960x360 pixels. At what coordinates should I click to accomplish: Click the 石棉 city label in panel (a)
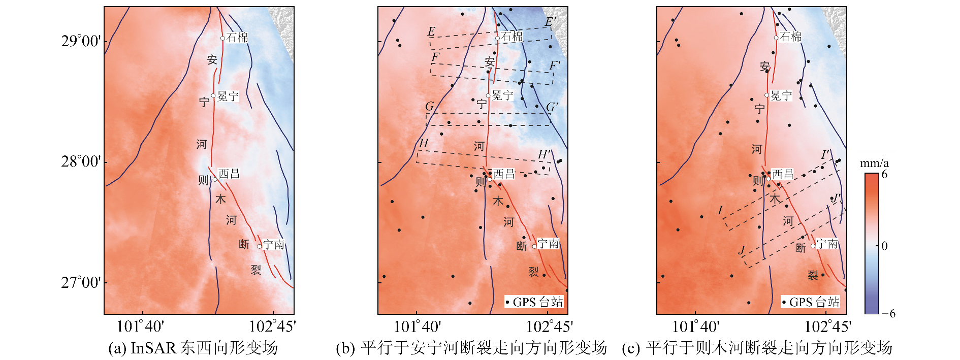click(237, 37)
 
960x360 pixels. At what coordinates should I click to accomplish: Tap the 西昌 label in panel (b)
click(504, 174)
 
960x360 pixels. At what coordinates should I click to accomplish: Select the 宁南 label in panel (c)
click(827, 244)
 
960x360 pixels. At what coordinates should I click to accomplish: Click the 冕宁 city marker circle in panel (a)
click(214, 95)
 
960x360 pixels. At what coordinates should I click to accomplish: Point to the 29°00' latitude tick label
click(81, 41)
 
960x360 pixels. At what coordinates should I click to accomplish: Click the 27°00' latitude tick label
click(81, 282)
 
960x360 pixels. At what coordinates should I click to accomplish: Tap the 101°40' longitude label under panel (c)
click(695, 326)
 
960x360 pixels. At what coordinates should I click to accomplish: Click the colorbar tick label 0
click(884, 246)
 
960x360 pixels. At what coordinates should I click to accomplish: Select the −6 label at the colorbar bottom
click(888, 313)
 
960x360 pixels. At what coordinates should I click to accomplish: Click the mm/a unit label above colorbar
click(874, 163)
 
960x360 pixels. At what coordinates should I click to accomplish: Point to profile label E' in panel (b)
click(551, 22)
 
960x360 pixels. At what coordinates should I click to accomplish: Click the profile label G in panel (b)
click(430, 107)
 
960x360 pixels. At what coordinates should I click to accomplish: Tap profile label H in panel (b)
click(424, 144)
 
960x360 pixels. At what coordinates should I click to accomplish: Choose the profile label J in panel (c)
click(742, 250)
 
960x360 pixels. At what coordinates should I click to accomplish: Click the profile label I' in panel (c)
click(826, 154)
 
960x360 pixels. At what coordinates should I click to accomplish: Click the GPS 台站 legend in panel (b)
click(534, 302)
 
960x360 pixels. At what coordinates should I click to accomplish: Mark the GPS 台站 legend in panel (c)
click(811, 302)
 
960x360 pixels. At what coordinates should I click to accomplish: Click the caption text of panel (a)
click(193, 348)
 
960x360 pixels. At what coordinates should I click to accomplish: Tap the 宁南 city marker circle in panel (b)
click(534, 246)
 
